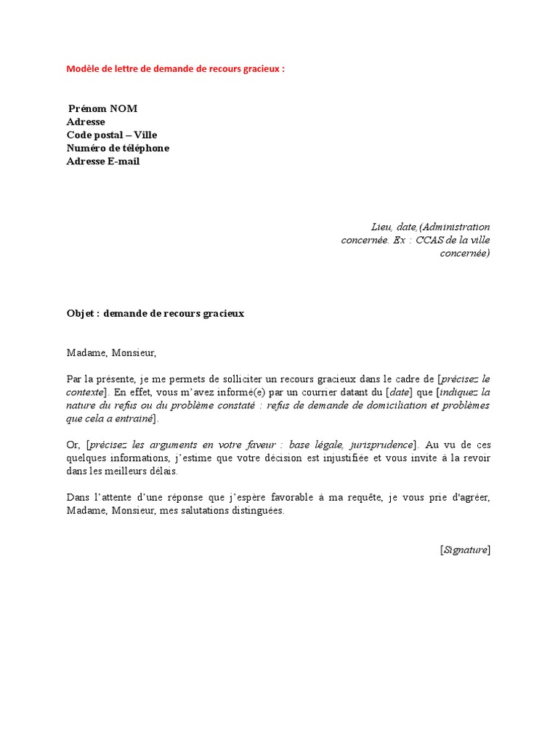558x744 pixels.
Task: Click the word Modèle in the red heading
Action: (x=84, y=69)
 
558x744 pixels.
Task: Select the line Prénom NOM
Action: (x=102, y=109)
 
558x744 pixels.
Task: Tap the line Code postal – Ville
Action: (x=112, y=135)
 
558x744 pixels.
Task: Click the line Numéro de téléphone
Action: (x=118, y=148)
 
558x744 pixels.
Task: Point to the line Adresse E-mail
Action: (x=103, y=161)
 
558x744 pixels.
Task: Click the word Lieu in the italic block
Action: (x=381, y=227)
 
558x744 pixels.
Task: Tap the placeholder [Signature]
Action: (x=465, y=550)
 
